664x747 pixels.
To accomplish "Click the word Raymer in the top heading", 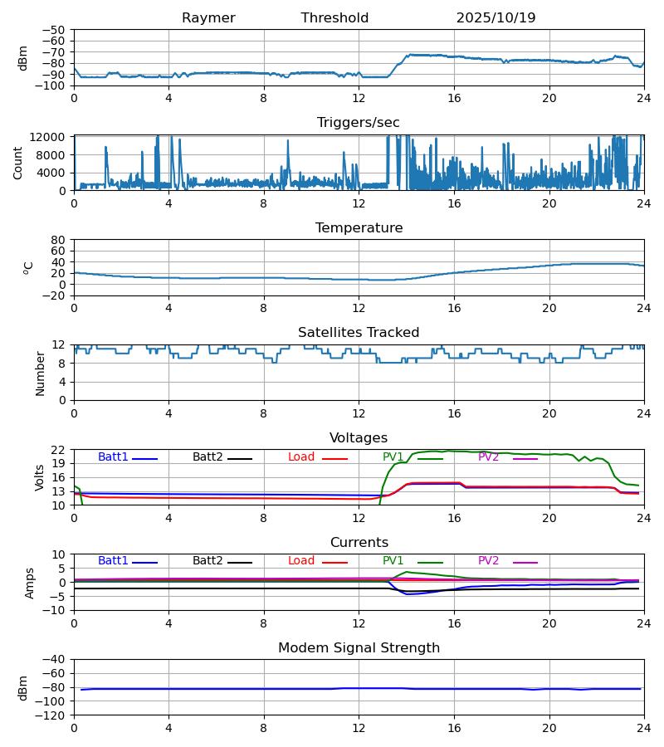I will [208, 18].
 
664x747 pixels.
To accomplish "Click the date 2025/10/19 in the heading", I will [496, 18].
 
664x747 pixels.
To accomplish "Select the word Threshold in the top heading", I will [334, 18].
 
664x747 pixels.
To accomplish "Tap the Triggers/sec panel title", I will [359, 123].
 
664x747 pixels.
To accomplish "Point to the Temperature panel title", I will [359, 228].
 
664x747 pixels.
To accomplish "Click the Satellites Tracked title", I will [359, 333].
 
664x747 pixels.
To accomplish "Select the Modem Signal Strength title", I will [359, 648].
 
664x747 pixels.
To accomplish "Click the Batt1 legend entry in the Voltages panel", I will [113, 457].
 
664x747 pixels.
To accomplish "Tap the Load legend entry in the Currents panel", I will [302, 561].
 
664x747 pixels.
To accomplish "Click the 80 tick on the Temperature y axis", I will [58, 240].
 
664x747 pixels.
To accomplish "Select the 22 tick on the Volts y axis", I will [58, 450].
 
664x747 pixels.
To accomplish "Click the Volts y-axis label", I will [40, 477].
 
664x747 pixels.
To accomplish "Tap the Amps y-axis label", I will [31, 583].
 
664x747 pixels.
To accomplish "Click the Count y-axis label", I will [18, 163].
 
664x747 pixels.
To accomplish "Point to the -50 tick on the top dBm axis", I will [55, 30].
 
